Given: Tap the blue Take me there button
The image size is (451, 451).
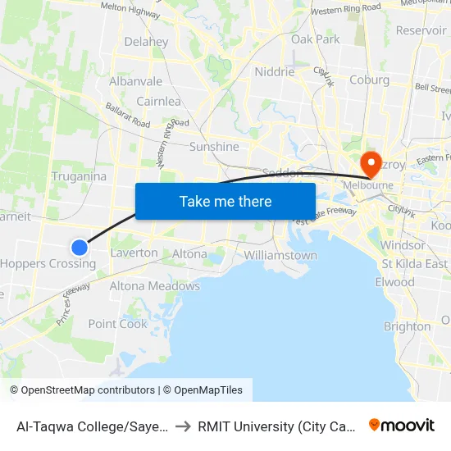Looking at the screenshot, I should click(225, 201).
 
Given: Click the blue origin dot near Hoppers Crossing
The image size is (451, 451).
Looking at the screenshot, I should click(80, 247).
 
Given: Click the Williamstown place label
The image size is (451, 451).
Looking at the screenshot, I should click(280, 255).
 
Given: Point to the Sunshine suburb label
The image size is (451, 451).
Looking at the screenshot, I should click(214, 147).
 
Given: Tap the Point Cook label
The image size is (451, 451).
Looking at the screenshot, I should click(118, 323).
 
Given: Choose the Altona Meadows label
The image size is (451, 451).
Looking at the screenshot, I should click(155, 286).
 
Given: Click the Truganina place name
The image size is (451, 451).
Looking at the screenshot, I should click(79, 176).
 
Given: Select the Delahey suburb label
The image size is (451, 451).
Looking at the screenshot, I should click(146, 42).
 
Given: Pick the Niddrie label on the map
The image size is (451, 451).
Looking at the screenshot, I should click(275, 72).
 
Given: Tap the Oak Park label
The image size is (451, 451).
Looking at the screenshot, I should click(315, 39).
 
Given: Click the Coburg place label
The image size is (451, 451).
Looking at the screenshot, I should click(369, 80).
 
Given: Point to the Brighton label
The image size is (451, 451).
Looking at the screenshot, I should click(407, 326).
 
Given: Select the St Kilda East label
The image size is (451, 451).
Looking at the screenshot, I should click(414, 264).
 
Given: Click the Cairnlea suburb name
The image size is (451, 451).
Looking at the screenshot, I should click(158, 102).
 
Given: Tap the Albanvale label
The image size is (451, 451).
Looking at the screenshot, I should click(135, 81).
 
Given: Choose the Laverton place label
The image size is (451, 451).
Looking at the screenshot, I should click(134, 253).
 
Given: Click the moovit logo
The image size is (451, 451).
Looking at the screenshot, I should click(402, 425).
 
